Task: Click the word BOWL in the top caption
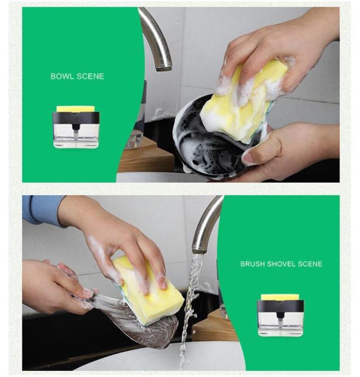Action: pos(62,77)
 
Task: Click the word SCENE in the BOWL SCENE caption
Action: pos(91,77)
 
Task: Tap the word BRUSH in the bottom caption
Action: pos(253,264)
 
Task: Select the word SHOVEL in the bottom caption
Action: pos(281,264)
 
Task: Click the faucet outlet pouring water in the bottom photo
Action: pos(199,250)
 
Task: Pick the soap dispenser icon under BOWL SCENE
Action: pos(76,127)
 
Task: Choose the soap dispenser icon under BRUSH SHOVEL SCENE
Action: pos(280,315)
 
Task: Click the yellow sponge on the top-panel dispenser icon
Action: pos(76,109)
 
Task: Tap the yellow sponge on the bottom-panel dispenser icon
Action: pos(280,298)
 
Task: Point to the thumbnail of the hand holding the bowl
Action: pos(250,159)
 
